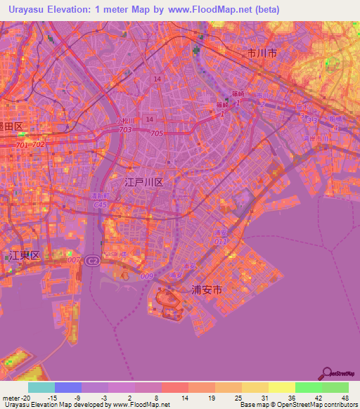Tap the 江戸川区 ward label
pos(143,182)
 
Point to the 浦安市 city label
pos(207,289)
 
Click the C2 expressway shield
pos(92,261)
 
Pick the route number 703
pos(125,130)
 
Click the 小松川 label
pos(125,121)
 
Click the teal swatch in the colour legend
pos(41,387)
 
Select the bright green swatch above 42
pos(308,387)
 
